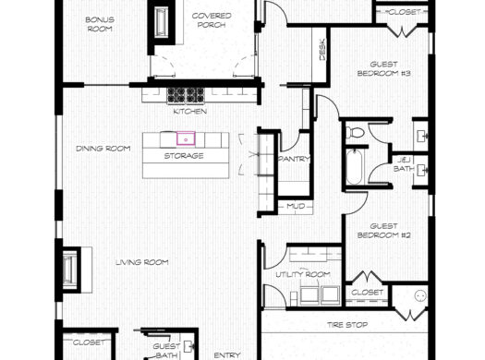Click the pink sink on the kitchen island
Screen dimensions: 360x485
tap(186, 139)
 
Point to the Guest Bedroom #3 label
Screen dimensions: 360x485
tap(382, 68)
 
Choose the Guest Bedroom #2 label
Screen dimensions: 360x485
tap(389, 231)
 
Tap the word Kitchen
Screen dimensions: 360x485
tap(189, 112)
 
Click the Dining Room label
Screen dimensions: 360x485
tap(103, 148)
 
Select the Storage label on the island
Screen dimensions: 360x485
tap(184, 156)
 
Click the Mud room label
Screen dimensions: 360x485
tap(296, 205)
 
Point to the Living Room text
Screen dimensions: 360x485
tap(141, 262)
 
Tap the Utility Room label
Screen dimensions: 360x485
tap(302, 275)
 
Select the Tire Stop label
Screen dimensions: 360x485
tap(349, 326)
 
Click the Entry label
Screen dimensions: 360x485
tap(227, 354)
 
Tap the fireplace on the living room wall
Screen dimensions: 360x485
tap(70, 268)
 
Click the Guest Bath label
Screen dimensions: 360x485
tap(165, 350)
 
